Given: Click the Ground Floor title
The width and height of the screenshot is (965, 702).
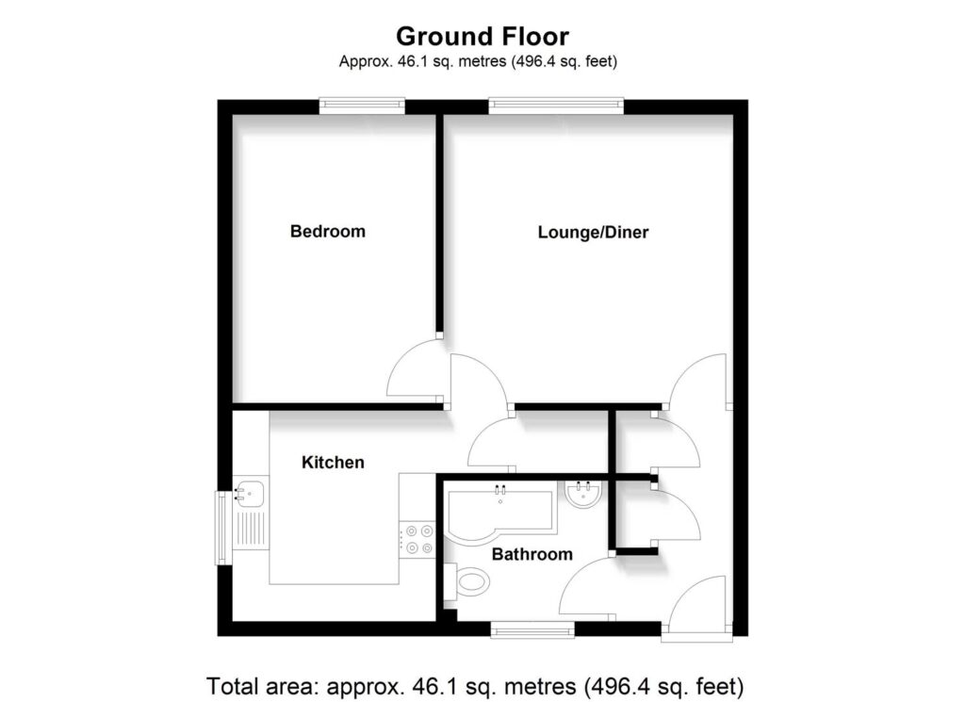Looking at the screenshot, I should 482,37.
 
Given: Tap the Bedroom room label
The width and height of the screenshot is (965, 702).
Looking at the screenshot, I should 327,231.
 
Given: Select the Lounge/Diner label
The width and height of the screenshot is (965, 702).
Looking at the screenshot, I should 593,232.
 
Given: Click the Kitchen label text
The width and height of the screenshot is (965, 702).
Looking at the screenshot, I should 333,463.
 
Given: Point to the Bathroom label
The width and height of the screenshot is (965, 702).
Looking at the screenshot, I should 532,554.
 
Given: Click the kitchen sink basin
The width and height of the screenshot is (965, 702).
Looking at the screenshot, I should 251,492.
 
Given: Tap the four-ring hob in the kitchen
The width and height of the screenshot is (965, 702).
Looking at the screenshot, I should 417,539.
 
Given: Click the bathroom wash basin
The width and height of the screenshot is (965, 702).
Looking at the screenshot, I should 581,496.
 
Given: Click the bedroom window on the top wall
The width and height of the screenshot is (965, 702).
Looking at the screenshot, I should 362,106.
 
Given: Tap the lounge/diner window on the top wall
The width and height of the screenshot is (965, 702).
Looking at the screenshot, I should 556,106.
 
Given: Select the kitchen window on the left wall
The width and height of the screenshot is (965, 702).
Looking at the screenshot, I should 222,528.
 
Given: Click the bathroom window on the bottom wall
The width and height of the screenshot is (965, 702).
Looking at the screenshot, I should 532,629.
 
